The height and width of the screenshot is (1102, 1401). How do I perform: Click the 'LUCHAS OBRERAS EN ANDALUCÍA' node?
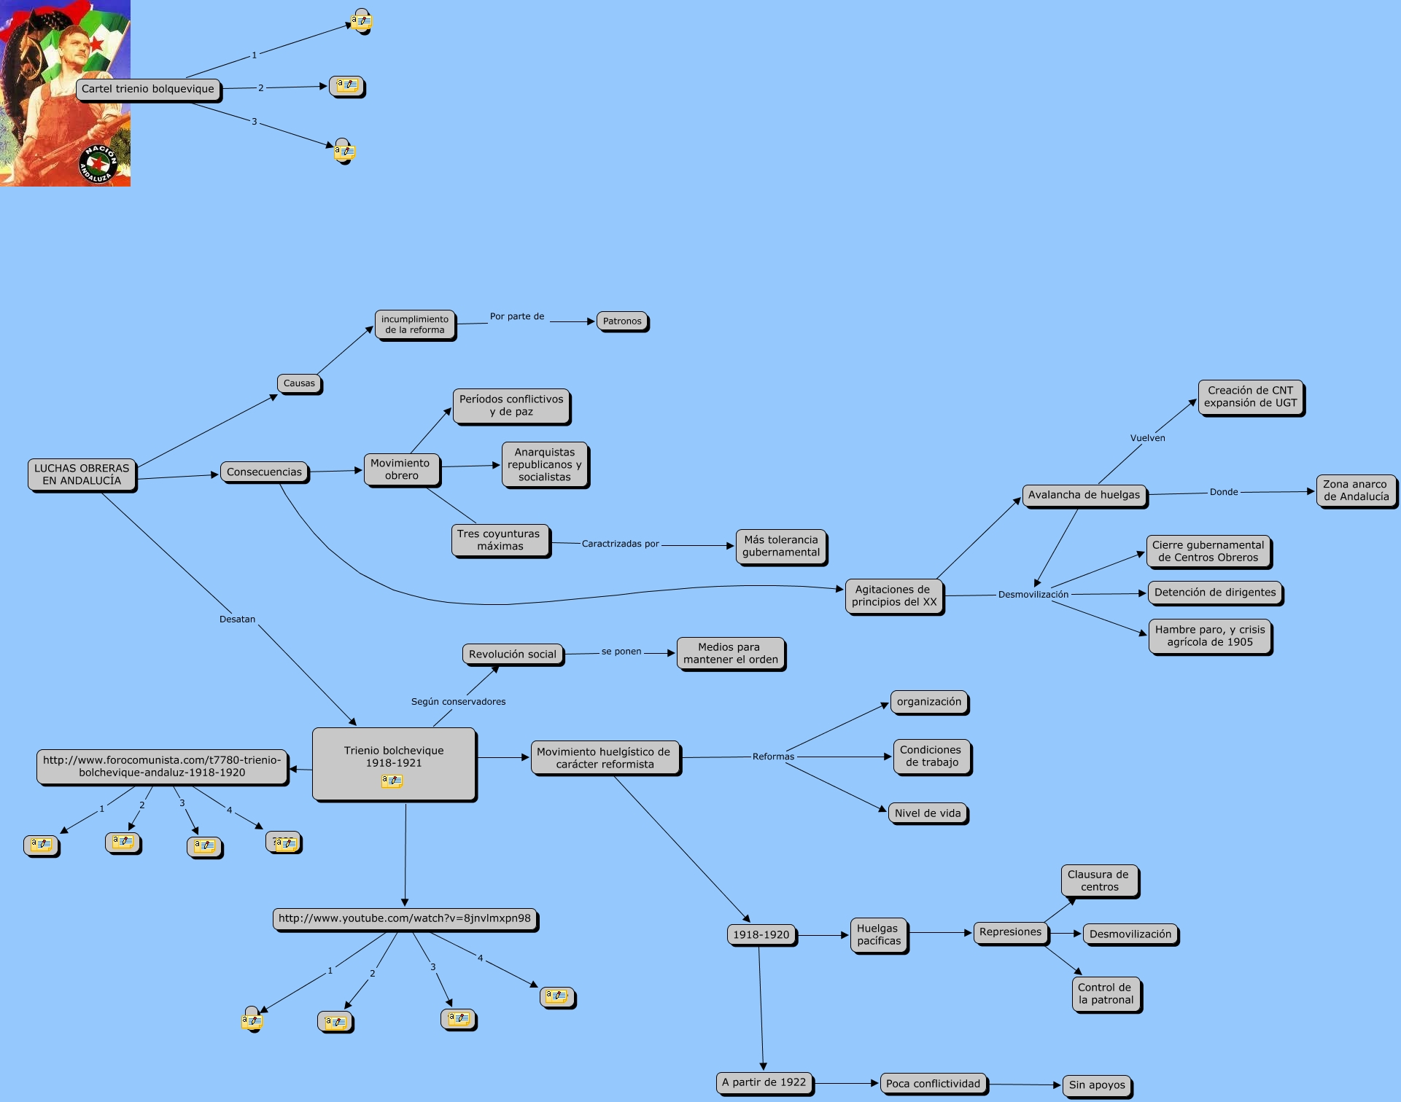pyautogui.click(x=82, y=474)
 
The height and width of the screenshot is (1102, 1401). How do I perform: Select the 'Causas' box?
pyautogui.click(x=299, y=383)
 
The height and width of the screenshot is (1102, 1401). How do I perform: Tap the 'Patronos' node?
pyautogui.click(x=622, y=321)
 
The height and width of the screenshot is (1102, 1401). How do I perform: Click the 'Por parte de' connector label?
pyautogui.click(x=517, y=316)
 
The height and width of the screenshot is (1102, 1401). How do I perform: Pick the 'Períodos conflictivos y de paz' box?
pyautogui.click(x=511, y=406)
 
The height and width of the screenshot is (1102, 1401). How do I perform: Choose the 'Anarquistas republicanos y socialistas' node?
pyautogui.click(x=545, y=465)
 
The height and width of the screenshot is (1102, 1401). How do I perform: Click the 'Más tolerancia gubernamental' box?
pyautogui.click(x=781, y=547)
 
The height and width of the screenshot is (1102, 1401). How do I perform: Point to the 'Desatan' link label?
pyautogui.click(x=237, y=620)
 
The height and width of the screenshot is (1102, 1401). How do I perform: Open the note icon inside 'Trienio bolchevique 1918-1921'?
pyautogui.click(x=392, y=781)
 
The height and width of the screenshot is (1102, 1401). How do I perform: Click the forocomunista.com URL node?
pyautogui.click(x=162, y=767)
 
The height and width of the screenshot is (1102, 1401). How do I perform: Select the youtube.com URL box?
pyautogui.click(x=405, y=919)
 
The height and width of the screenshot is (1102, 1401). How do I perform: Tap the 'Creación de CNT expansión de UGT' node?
pyautogui.click(x=1251, y=397)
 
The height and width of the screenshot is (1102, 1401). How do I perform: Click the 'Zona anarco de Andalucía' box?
pyautogui.click(x=1357, y=491)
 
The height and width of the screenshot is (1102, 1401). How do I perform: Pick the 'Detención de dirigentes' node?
pyautogui.click(x=1215, y=593)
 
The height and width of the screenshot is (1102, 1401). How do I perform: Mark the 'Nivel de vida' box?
pyautogui.click(x=928, y=813)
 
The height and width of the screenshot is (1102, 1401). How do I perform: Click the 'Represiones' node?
pyautogui.click(x=1010, y=932)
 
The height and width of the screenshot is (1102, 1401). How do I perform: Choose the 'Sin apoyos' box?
pyautogui.click(x=1097, y=1085)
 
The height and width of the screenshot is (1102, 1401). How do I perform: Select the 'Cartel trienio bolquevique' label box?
pyautogui.click(x=148, y=90)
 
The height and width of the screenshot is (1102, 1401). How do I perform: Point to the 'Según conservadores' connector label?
pyautogui.click(x=458, y=702)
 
